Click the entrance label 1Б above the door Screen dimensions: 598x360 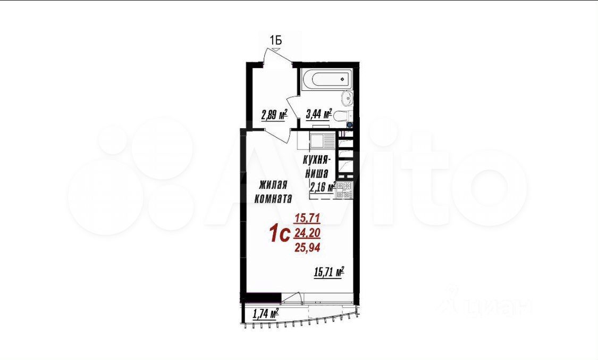click(276, 40)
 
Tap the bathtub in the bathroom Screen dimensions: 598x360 click(326, 80)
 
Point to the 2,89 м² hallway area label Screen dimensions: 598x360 click(274, 114)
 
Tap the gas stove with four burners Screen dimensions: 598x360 click(344, 189)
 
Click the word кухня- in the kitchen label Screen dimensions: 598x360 click(317, 159)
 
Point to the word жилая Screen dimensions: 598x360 click(273, 185)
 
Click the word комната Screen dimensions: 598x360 click(273, 198)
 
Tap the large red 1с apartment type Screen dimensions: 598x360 click(280, 233)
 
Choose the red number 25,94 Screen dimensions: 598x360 click(307, 248)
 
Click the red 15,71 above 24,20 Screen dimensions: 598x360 click(307, 219)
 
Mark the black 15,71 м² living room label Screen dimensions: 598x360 click(329, 273)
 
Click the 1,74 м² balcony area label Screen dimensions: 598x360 click(265, 315)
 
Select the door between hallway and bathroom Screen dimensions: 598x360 click(293, 108)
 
